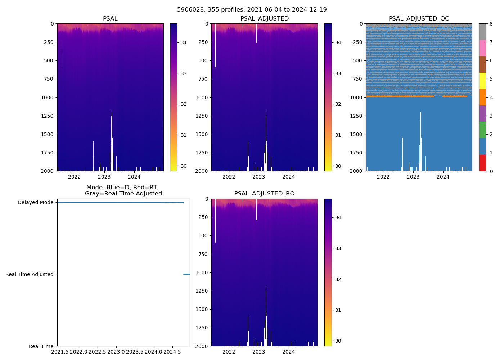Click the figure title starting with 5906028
click(x=252, y=10)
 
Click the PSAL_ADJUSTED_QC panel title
click(x=419, y=19)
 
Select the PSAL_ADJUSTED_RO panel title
click(x=264, y=194)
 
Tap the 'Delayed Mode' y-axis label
click(x=35, y=202)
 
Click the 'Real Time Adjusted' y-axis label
click(x=29, y=274)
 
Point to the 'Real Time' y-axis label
click(x=41, y=346)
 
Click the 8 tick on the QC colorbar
click(x=491, y=24)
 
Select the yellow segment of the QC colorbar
click(x=482, y=81)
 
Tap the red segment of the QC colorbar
click(x=482, y=163)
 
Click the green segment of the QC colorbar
click(x=482, y=130)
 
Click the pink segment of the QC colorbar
click(x=482, y=48)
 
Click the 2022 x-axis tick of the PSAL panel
click(x=75, y=177)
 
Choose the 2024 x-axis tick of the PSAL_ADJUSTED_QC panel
click(x=443, y=177)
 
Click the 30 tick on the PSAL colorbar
click(x=184, y=166)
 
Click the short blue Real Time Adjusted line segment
click(x=186, y=274)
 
